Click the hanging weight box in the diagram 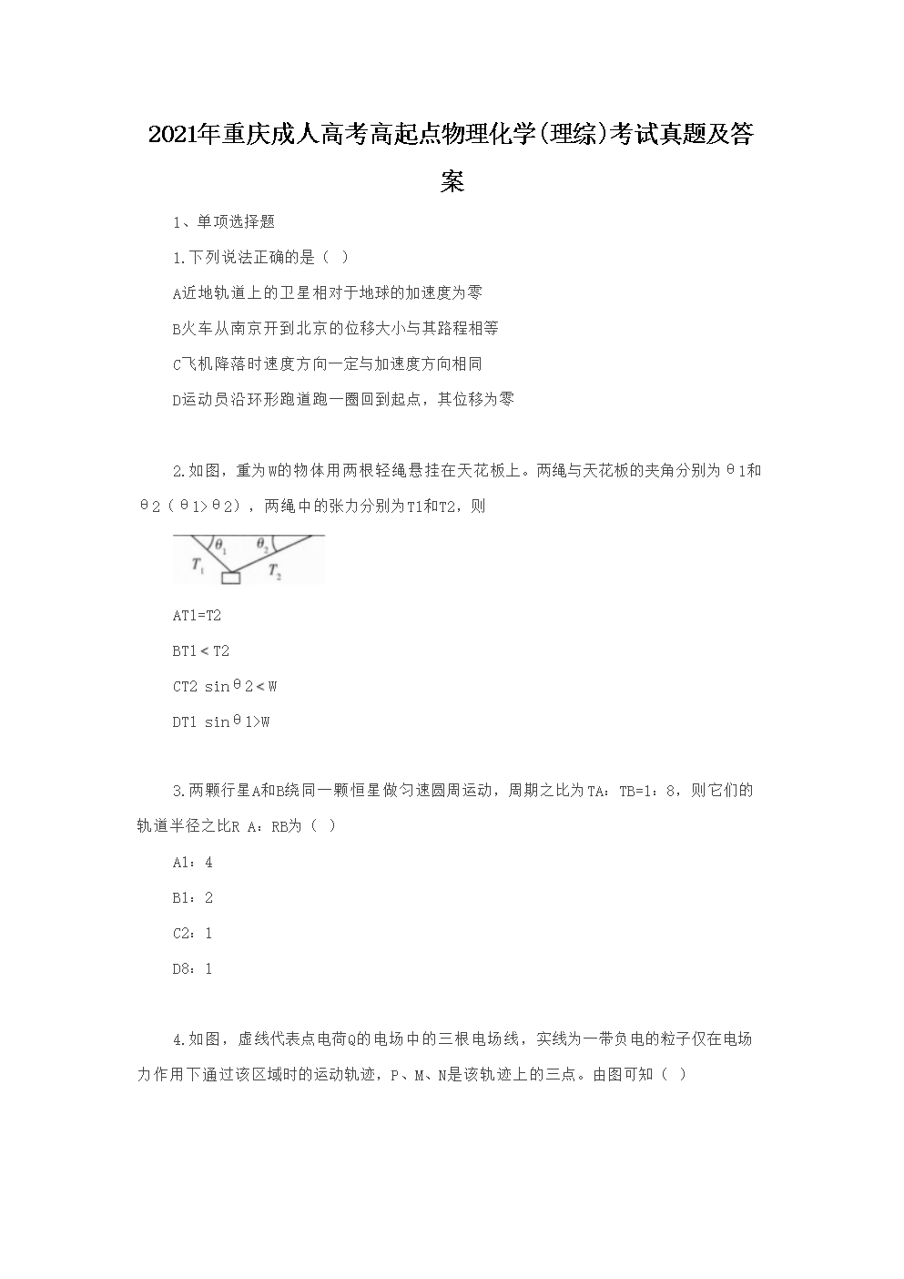point(230,577)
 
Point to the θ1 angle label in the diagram point(220,548)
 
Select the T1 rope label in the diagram point(198,566)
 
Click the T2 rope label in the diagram point(274,572)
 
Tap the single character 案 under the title point(452,182)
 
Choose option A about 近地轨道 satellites point(328,292)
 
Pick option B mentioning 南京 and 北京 point(335,328)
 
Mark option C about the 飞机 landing point(327,363)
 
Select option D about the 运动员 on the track point(343,399)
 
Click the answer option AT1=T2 point(197,616)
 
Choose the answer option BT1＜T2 point(201,651)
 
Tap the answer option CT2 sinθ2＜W point(225,687)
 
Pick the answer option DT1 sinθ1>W point(221,722)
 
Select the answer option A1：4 point(192,862)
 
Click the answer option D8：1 point(192,968)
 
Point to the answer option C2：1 point(192,933)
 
